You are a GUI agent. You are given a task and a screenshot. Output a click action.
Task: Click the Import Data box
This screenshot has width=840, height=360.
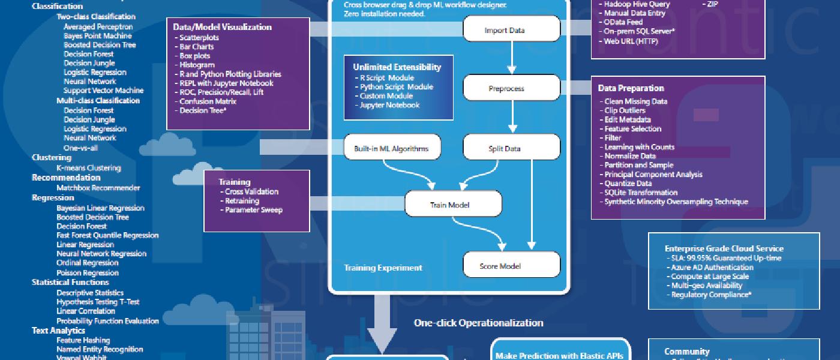511,30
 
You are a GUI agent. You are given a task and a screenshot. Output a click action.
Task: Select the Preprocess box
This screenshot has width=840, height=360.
511,89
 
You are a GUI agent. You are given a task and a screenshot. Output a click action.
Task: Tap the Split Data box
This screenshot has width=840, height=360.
511,148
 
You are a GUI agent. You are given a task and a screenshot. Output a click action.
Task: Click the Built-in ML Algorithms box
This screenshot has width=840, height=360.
392,148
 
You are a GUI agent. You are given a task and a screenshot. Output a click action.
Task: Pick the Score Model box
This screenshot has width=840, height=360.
511,266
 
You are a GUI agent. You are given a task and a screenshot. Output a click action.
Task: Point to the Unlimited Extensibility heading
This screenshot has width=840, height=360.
397,67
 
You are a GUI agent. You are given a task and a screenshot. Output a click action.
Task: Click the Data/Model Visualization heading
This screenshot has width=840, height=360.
222,27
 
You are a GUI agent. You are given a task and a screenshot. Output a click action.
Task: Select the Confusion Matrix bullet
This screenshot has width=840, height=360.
205,101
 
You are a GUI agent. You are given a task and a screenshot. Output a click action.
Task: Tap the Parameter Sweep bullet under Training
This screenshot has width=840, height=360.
253,210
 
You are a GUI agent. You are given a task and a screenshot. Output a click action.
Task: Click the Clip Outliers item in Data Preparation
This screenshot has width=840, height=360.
625,110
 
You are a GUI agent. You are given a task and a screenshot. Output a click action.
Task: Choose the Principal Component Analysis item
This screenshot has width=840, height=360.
653,174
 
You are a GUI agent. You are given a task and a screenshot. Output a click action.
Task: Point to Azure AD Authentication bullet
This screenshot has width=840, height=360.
712,267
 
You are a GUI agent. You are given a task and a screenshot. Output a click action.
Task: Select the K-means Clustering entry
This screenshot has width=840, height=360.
88,168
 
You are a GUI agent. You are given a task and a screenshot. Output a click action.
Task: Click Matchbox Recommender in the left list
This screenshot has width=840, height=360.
98,188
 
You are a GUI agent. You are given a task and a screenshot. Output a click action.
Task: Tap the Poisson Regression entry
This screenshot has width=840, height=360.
87,272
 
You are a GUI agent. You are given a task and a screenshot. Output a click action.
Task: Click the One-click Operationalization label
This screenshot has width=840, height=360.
478,323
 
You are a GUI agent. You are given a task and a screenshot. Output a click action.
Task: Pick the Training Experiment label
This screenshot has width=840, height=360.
383,268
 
